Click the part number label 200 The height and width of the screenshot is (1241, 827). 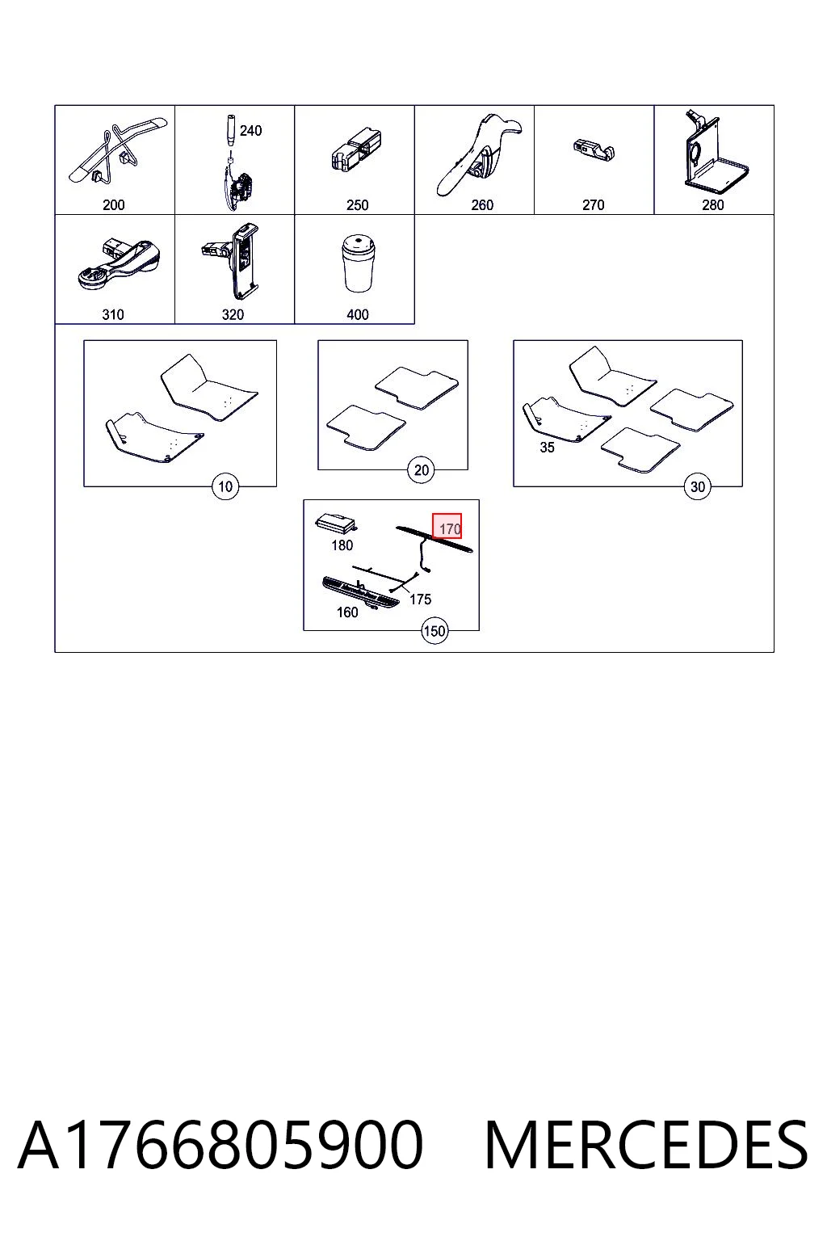(x=114, y=205)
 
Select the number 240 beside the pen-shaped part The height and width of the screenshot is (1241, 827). (x=250, y=131)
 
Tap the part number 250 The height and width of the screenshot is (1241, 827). (x=357, y=205)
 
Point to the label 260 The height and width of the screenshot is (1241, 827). (x=482, y=205)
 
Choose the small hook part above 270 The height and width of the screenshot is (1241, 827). (x=594, y=149)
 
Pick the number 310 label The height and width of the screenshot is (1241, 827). (x=113, y=314)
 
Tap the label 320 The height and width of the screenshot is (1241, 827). (x=233, y=314)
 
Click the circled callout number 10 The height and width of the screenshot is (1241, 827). (x=225, y=487)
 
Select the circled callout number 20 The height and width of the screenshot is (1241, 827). (x=421, y=470)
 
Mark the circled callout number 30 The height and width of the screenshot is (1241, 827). (x=698, y=487)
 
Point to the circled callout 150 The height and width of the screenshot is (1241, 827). (x=434, y=631)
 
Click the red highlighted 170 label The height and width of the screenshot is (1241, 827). (x=447, y=526)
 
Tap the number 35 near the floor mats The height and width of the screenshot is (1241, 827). (x=548, y=448)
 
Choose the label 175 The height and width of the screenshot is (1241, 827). (x=421, y=599)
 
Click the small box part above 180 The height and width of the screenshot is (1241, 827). (x=336, y=524)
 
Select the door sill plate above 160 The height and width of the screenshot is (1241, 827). (x=360, y=593)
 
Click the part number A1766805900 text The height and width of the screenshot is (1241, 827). (x=220, y=1145)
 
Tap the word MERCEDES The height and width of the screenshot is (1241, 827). (x=646, y=1145)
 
